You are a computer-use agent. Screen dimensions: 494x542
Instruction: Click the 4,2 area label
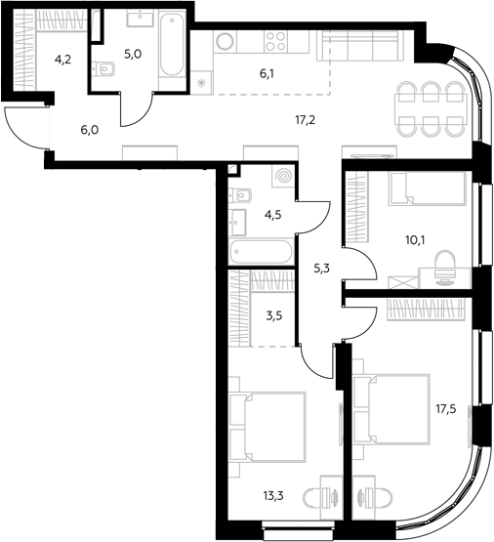(x=62, y=60)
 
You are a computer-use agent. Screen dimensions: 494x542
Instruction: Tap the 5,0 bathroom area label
(x=133, y=55)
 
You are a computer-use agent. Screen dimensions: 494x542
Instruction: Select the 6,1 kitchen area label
(x=268, y=73)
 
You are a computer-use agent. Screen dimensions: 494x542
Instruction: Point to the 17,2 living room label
(x=306, y=120)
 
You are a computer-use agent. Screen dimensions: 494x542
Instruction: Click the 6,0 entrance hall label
(x=90, y=130)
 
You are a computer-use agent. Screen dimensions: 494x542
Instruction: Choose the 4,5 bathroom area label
(x=273, y=215)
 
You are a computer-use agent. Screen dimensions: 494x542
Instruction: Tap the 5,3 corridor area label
(x=321, y=269)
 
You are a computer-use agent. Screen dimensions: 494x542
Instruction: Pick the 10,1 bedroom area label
(x=415, y=239)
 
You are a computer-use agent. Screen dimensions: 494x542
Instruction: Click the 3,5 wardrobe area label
(x=274, y=315)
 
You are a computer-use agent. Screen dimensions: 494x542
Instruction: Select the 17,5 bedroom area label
(x=445, y=409)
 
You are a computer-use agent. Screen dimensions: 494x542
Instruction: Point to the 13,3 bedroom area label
(x=273, y=496)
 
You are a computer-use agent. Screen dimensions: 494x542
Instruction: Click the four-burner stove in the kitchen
(x=275, y=41)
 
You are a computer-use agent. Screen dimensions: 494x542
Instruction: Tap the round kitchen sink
(x=225, y=41)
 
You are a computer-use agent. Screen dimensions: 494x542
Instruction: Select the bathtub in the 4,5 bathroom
(x=262, y=251)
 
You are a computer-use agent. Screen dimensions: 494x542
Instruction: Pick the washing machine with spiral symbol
(x=283, y=177)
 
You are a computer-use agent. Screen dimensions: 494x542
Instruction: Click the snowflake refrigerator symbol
(x=201, y=83)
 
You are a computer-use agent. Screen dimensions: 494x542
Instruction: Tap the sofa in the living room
(x=360, y=46)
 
